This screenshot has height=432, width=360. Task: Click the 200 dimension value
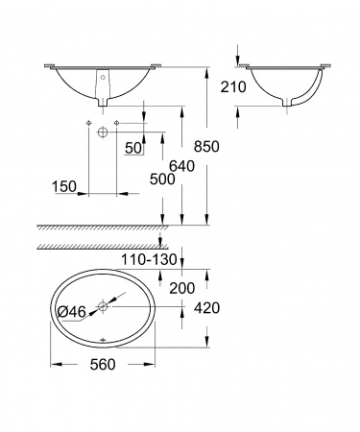[x=181, y=288]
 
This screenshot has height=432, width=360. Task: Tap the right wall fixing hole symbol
[x=115, y=126]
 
